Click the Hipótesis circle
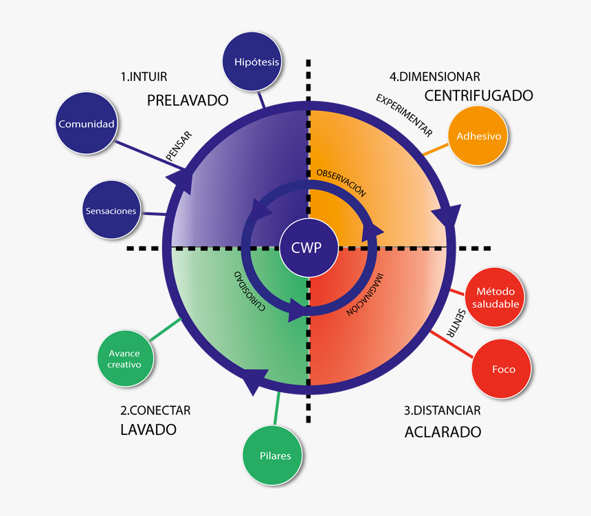pos(256,62)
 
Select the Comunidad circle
pos(86,124)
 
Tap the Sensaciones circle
pos(111,211)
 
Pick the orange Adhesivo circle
pos(479,136)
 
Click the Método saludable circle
pos(493,298)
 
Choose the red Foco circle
pos(503,369)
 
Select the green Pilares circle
pos(275,456)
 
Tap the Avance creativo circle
pos(124,359)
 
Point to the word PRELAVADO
pos(188,100)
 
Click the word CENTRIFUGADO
pos(478,96)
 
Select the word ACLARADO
pos(443,432)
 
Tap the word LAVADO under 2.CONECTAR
pos(148,429)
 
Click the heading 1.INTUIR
pos(144,77)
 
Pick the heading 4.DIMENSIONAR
pos(434,77)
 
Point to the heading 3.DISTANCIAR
pos(442,411)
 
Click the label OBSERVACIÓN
pos(341,183)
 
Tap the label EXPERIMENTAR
pos(403,113)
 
